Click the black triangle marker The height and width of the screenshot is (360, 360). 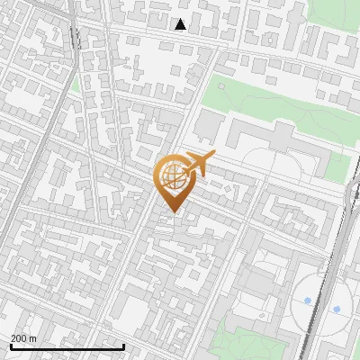pos(180,24)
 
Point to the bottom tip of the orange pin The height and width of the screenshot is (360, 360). pos(172,212)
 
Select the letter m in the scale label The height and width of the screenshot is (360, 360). pos(33,338)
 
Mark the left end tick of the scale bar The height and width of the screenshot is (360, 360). pos(10,346)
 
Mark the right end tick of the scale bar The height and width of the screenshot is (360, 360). pos(123,346)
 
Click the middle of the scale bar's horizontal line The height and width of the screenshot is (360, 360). pos(67,347)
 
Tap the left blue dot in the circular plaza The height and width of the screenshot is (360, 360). pos(308,301)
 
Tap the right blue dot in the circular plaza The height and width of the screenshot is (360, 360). pos(337,309)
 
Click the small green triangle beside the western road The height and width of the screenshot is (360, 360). pos(76,85)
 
